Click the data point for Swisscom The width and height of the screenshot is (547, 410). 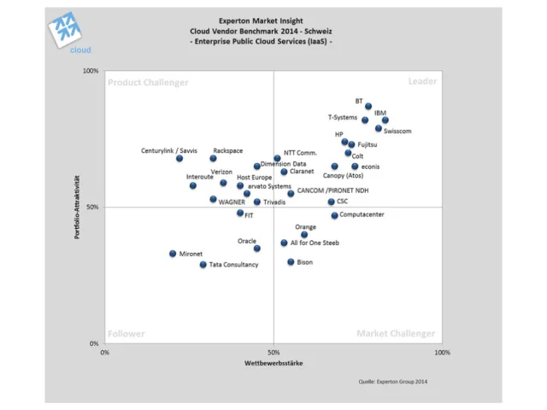[x=379, y=128]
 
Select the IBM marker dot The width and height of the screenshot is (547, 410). [x=385, y=120]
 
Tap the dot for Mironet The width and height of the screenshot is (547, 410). [x=173, y=254]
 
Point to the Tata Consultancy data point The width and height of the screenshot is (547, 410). [x=203, y=265]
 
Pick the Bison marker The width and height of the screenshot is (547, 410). [x=291, y=262]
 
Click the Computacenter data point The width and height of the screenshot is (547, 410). [x=335, y=215]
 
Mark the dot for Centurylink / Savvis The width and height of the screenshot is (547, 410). [x=179, y=158]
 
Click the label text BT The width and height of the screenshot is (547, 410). [x=359, y=101]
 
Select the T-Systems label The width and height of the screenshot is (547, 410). [x=343, y=117]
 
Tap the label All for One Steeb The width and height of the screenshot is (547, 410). [x=315, y=243]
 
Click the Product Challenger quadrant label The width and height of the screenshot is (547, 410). [x=148, y=83]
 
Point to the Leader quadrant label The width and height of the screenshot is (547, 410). [x=422, y=82]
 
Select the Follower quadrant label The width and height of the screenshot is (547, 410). [x=126, y=334]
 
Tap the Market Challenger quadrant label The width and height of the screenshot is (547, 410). [x=396, y=334]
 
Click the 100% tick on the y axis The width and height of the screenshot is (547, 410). [x=91, y=71]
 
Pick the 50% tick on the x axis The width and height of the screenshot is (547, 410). [x=273, y=352]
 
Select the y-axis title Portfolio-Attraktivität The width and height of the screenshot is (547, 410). [x=78, y=207]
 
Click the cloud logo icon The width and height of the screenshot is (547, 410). [x=67, y=32]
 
